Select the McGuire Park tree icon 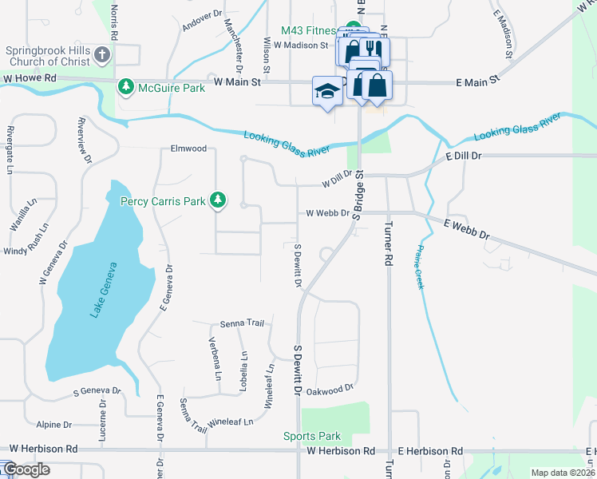(125, 86)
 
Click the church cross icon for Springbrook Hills (101, 55)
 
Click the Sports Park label (312, 436)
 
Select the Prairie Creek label (418, 267)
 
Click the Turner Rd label (389, 243)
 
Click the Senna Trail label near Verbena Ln (241, 324)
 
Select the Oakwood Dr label (330, 390)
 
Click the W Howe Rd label (30, 78)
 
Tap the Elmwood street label (188, 148)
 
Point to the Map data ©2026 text (563, 473)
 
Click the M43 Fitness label (308, 31)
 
